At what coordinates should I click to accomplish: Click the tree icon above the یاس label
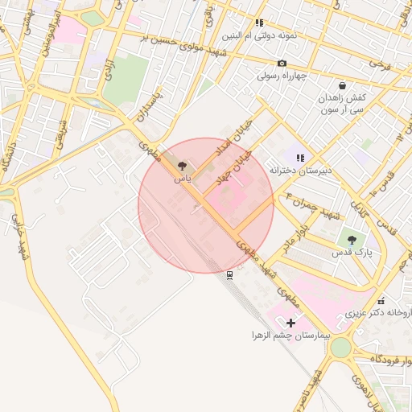pos(182,165)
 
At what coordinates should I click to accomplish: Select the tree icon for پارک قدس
pos(350,239)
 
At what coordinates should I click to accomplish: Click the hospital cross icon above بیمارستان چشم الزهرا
pos(290,323)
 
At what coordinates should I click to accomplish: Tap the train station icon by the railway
pos(230,275)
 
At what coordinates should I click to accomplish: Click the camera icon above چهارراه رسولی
pos(282,64)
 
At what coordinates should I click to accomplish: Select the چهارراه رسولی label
pos(282,76)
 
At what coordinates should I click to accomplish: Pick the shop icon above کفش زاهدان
pos(343,85)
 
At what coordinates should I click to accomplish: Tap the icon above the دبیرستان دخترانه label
pos(300,158)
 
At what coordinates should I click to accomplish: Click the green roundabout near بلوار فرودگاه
pos(340,348)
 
